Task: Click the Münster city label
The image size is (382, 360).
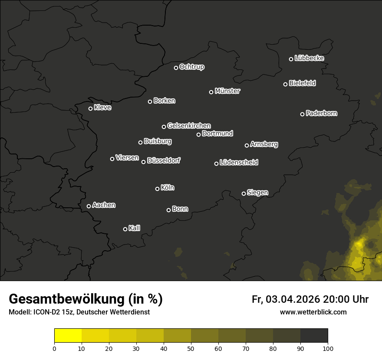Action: pyautogui.click(x=227, y=91)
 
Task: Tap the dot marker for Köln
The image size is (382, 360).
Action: pyautogui.click(x=157, y=189)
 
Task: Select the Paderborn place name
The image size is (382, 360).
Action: pyautogui.click(x=322, y=113)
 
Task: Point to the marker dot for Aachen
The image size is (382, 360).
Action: pyautogui.click(x=89, y=206)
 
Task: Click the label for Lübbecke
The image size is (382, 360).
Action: pyautogui.click(x=309, y=58)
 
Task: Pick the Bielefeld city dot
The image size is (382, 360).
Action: pyautogui.click(x=285, y=84)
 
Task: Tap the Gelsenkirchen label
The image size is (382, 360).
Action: pyautogui.click(x=189, y=126)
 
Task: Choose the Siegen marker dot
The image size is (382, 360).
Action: pyautogui.click(x=244, y=193)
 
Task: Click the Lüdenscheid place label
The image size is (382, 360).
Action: pyautogui.click(x=239, y=163)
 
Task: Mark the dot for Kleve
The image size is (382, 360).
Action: pyautogui.click(x=90, y=108)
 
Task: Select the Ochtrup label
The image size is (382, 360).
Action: pyautogui.click(x=191, y=67)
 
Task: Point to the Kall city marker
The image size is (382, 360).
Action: pyautogui.click(x=125, y=229)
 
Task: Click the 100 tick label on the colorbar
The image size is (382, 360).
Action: pyautogui.click(x=328, y=348)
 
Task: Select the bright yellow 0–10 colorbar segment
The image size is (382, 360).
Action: pyautogui.click(x=68, y=336)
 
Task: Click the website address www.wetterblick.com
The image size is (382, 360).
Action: pyautogui.click(x=313, y=312)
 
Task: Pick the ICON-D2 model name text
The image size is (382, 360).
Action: pyautogui.click(x=45, y=312)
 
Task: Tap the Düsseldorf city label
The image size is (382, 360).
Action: pyautogui.click(x=164, y=160)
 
